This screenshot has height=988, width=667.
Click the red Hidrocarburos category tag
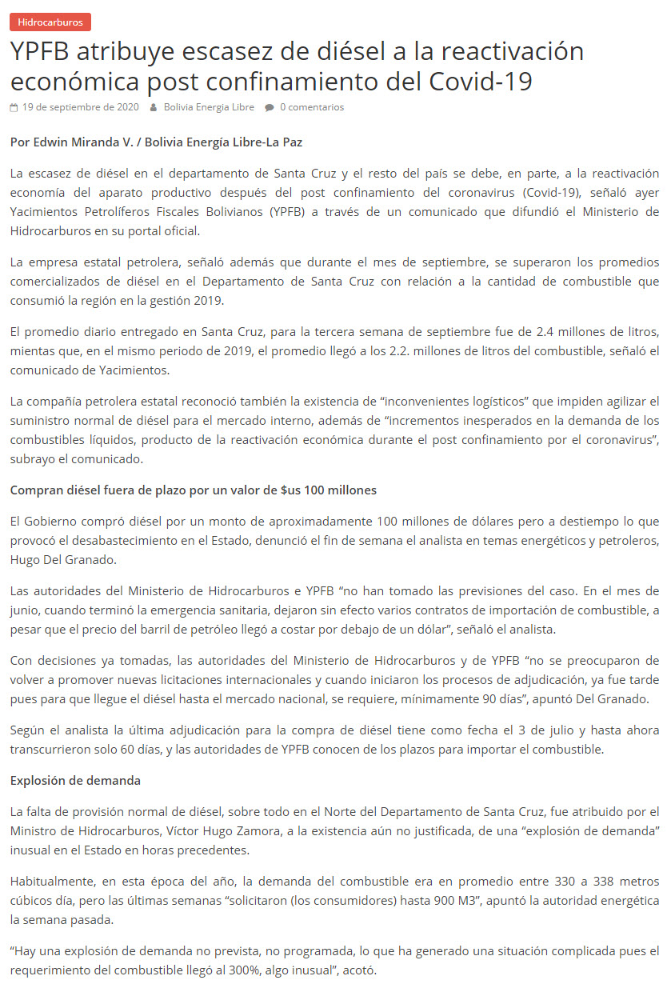[50, 22]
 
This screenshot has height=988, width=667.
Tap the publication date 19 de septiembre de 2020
[80, 107]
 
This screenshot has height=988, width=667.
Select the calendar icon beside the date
[14, 107]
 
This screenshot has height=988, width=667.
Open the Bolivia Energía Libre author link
[209, 107]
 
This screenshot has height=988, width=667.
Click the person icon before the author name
[154, 107]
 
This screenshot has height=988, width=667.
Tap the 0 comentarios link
[311, 107]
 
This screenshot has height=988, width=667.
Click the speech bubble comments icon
[270, 107]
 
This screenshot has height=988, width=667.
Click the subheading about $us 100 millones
[194, 490]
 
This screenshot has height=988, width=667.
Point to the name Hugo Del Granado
[63, 560]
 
